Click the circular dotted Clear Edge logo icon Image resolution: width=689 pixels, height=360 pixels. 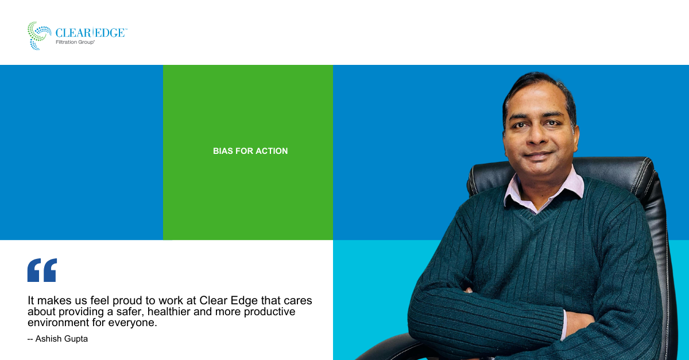point(40,36)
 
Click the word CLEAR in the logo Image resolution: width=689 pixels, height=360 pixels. point(73,33)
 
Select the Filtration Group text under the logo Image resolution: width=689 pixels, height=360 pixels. point(75,42)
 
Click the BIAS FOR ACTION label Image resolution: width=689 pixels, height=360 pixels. point(250,151)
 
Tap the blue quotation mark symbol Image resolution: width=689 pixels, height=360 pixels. point(42,270)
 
